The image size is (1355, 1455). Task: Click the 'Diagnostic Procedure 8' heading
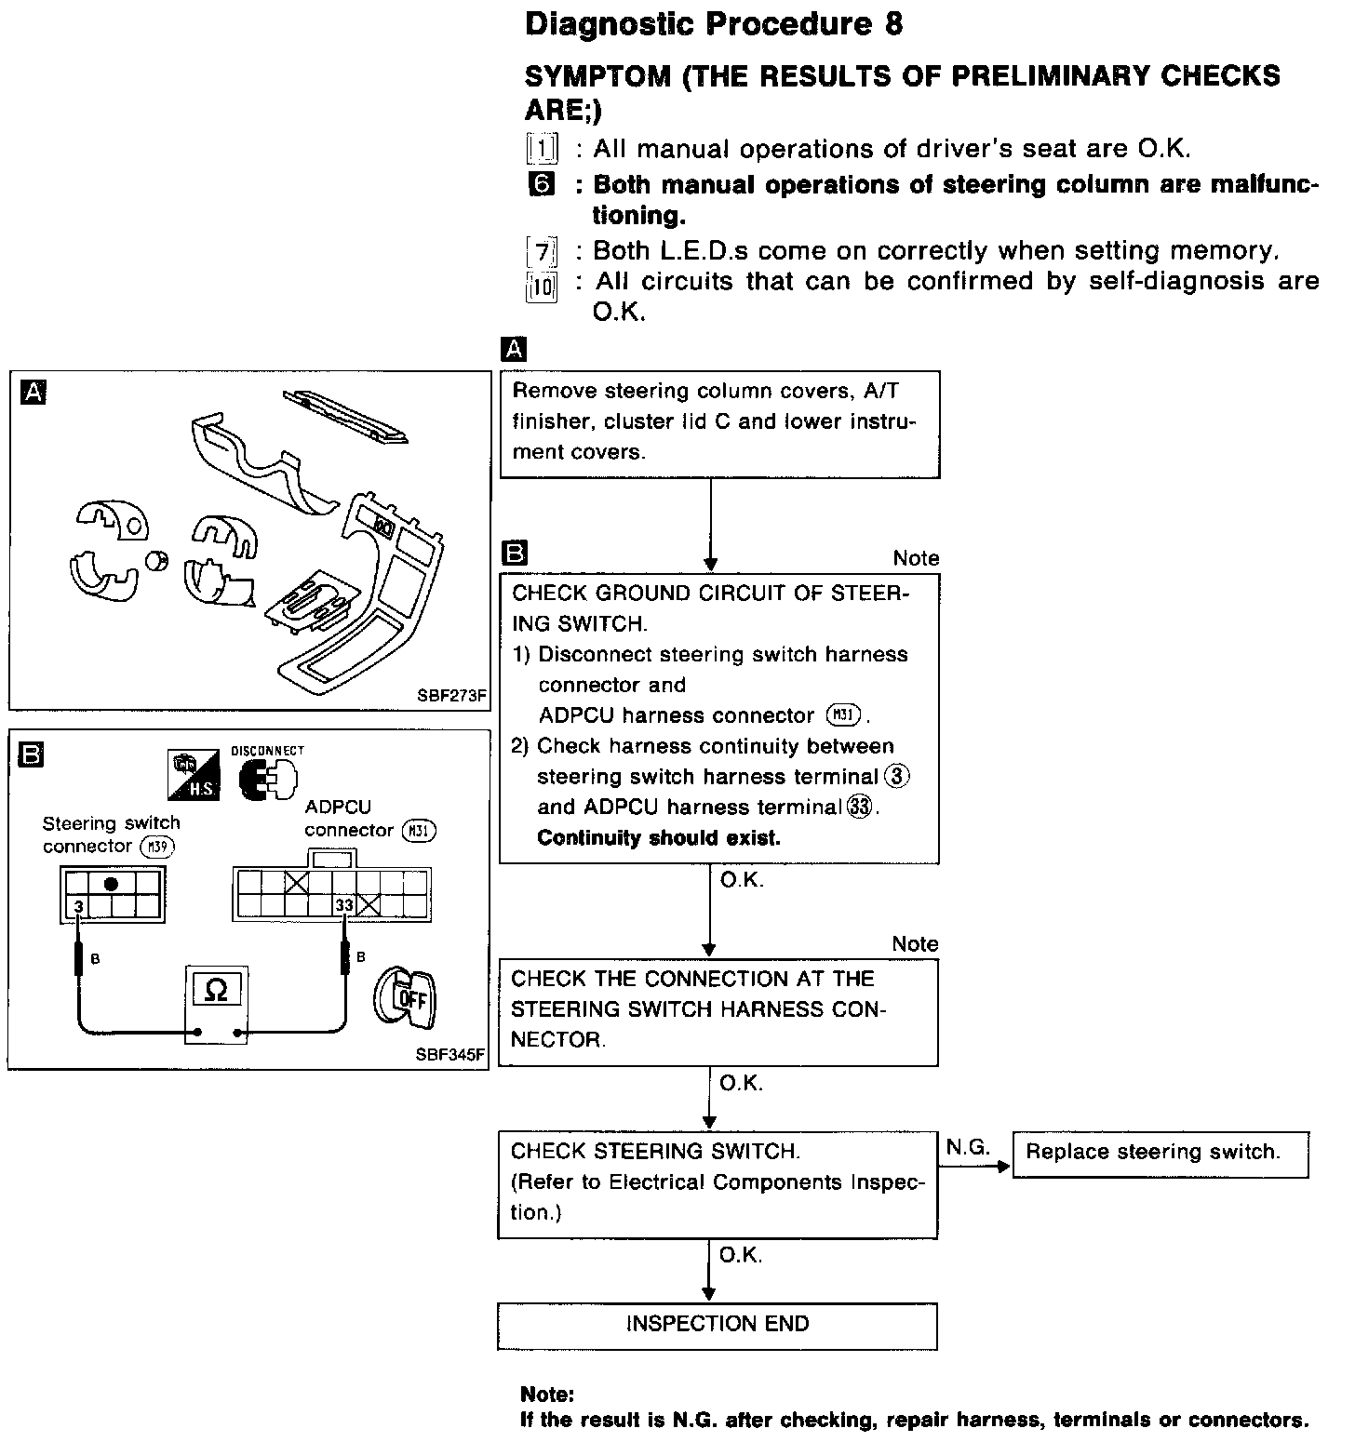[x=713, y=24]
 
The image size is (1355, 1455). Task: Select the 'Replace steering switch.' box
[x=1160, y=1154]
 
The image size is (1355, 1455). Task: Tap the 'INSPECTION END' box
[x=717, y=1325]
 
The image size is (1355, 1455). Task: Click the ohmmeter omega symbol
[x=215, y=991]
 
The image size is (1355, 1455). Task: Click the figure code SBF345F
[x=450, y=1055]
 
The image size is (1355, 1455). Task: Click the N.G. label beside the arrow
[x=968, y=1148]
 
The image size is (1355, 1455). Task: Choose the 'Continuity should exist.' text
[x=659, y=838]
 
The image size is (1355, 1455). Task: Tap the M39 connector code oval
[x=157, y=847]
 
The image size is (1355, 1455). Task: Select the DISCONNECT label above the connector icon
[x=267, y=750]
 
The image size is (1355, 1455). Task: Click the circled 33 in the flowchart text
[x=860, y=808]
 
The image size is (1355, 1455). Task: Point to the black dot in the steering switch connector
[x=112, y=883]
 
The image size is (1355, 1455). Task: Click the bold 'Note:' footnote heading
[x=548, y=1395]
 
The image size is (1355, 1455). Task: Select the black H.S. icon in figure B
[x=194, y=776]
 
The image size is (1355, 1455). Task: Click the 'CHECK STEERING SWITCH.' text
[x=654, y=1152]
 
